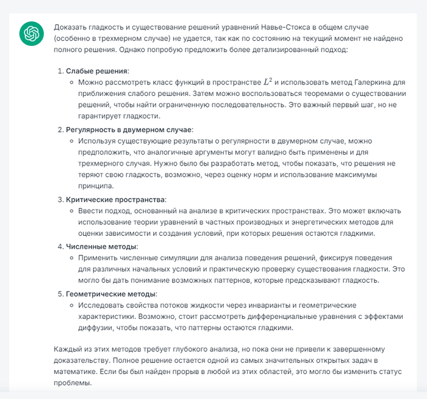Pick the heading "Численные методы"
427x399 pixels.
(101, 246)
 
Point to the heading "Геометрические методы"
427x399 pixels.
(111, 293)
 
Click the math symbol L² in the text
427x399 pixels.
(268, 81)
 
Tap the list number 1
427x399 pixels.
(60, 71)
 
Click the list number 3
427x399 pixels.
(60, 199)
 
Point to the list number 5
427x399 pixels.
(60, 293)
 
